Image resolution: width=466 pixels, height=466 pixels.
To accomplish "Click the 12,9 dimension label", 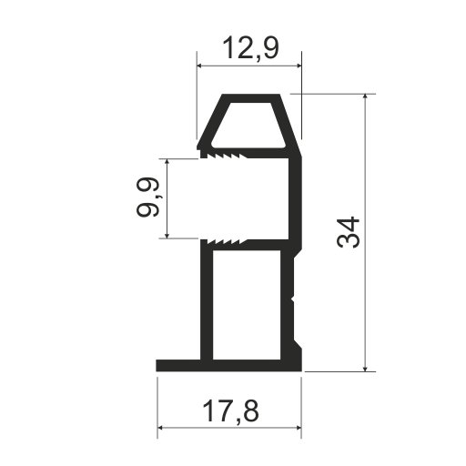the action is coord(250,48).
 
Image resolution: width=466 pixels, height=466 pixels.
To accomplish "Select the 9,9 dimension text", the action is coord(147,197).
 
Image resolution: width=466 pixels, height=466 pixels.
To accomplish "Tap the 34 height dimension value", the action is coord(348,232).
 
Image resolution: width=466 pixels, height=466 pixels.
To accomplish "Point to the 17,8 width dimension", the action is coord(230,411).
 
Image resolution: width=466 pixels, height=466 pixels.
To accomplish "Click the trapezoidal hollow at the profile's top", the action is coord(249,126).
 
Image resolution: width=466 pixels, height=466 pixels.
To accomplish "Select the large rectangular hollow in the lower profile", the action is coord(247,305).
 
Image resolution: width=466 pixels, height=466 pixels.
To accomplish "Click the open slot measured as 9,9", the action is coord(244,198).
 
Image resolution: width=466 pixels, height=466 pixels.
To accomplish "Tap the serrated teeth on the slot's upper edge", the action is coord(225,156).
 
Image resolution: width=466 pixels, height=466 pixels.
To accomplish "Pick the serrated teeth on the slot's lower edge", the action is coord(225,241).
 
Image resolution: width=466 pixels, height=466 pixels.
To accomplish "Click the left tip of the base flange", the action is coord(157,366).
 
